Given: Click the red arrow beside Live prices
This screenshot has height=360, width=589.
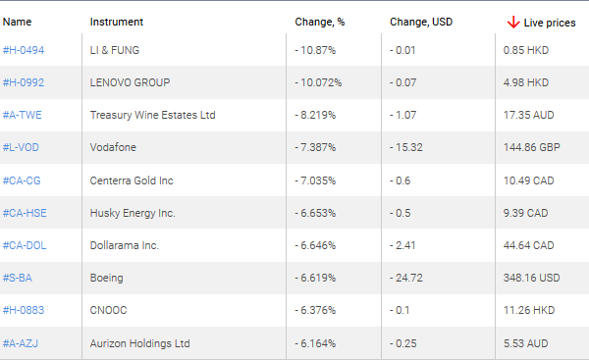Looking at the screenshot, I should (x=512, y=22).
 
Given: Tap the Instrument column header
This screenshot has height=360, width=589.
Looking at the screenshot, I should (x=116, y=22).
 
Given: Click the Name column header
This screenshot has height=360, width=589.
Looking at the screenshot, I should (x=17, y=22).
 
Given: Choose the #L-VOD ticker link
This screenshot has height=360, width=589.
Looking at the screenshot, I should (x=22, y=147).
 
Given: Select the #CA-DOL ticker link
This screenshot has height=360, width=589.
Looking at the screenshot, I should (x=25, y=245).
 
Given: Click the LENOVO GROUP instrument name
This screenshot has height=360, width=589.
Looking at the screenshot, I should (x=130, y=82).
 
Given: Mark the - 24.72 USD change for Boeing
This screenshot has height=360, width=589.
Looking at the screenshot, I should (x=407, y=278).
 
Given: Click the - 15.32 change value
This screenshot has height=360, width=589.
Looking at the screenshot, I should (x=407, y=147).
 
